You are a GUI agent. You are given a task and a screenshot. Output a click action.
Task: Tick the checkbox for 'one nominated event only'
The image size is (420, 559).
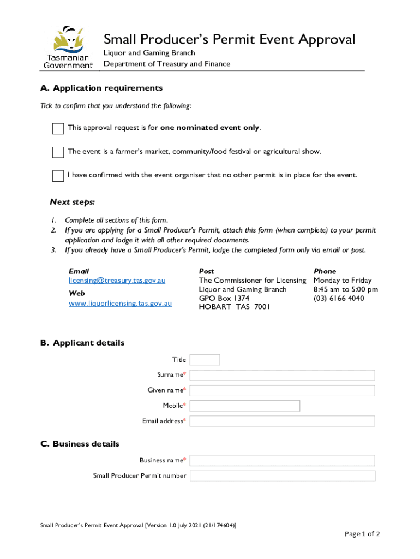58,129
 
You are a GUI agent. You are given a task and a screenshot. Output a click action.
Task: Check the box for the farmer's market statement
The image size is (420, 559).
58,152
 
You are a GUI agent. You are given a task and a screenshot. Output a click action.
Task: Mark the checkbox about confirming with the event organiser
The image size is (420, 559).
58,176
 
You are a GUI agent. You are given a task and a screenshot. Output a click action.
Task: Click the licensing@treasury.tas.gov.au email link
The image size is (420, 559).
117,280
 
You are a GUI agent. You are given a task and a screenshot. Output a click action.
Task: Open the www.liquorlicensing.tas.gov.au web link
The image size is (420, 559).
120,303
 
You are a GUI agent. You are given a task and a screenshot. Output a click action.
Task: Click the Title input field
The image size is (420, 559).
205,360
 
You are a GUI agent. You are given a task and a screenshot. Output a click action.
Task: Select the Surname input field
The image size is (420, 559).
282,375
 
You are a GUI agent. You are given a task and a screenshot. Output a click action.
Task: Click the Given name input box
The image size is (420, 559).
282,390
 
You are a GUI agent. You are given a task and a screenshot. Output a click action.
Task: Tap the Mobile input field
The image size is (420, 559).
245,406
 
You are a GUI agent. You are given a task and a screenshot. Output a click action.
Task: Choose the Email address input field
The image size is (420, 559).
282,421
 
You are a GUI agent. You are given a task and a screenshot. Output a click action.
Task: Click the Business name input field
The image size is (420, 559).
282,460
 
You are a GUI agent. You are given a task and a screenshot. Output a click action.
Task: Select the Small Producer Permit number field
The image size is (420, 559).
282,475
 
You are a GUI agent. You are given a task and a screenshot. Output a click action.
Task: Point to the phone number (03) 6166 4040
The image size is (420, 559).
339,298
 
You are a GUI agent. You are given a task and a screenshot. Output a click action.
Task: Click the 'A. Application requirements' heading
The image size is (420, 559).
101,88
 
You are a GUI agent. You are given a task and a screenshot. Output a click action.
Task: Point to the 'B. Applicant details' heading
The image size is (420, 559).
82,343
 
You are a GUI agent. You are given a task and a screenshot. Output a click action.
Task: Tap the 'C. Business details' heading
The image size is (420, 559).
80,444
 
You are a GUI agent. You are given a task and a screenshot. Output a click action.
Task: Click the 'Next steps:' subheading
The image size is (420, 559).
73,202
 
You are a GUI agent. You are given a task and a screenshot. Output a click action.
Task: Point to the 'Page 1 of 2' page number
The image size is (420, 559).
362,534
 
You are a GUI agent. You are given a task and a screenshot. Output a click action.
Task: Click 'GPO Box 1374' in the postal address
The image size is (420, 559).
224,298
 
